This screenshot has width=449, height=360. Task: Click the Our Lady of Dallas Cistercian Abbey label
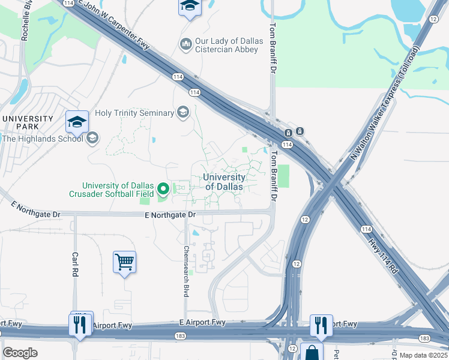[x=229, y=45]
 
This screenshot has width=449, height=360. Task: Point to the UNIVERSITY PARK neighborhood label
[x=28, y=122]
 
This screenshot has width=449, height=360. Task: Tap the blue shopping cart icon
[x=124, y=262]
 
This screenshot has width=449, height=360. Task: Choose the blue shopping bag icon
[x=312, y=352]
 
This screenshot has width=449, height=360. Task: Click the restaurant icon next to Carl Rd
[x=80, y=324]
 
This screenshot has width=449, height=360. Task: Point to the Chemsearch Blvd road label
[x=186, y=271]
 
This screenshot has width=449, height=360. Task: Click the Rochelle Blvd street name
[x=25, y=22]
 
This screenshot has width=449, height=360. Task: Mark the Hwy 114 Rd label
[x=384, y=253]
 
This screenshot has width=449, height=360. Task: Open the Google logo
[x=20, y=353]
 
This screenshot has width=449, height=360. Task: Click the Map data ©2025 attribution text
[x=423, y=355]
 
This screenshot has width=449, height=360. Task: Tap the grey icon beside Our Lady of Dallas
[x=185, y=44]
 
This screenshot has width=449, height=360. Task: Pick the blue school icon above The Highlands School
[x=77, y=122]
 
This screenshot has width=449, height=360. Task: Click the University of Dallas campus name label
[x=224, y=182]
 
